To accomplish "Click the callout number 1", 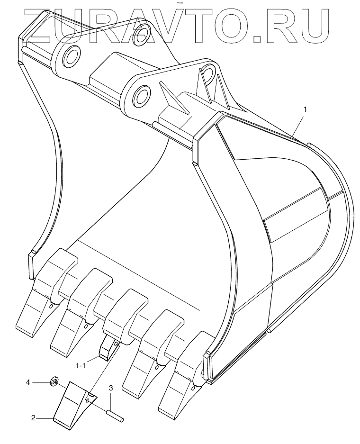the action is click(x=306, y=109).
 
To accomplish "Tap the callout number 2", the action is click(x=33, y=418).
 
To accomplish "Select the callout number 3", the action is click(x=110, y=389).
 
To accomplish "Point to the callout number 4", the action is click(x=28, y=381).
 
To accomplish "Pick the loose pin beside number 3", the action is click(x=115, y=415).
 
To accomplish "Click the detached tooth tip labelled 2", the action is click(x=71, y=403).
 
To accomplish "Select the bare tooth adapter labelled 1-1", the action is click(x=108, y=348).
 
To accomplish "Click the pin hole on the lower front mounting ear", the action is click(x=140, y=97).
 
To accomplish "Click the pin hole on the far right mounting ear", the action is click(x=207, y=75).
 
